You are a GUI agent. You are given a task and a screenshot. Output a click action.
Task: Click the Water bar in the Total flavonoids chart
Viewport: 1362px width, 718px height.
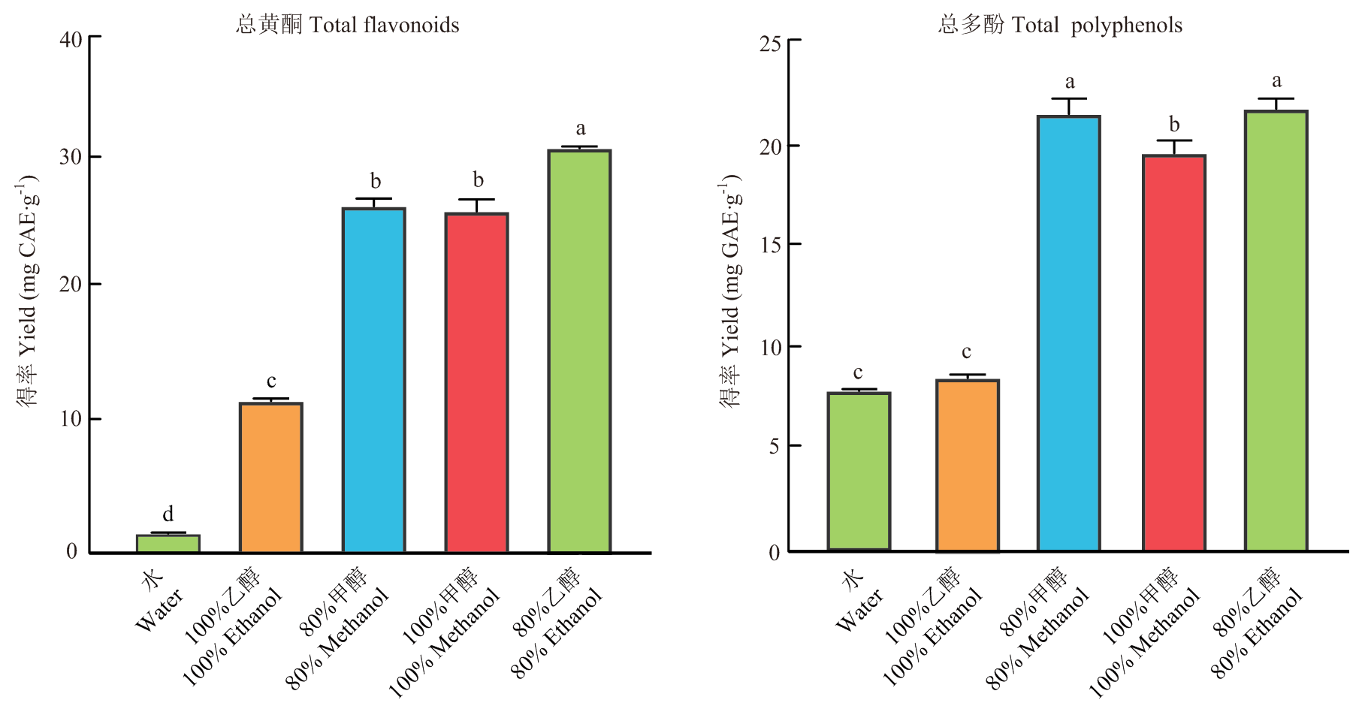(x=168, y=544)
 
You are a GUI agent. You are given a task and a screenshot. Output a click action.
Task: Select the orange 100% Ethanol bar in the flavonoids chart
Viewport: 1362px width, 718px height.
(x=270, y=478)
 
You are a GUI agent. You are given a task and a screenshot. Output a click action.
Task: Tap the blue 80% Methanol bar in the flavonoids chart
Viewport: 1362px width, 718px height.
(x=373, y=380)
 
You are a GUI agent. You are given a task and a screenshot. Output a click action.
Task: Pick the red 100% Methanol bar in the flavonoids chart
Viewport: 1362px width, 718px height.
(x=476, y=383)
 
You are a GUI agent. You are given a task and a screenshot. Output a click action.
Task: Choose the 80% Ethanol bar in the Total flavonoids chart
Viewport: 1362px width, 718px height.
(x=579, y=351)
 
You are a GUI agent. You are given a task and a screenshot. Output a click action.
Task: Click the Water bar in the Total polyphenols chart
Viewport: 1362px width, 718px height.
(x=859, y=472)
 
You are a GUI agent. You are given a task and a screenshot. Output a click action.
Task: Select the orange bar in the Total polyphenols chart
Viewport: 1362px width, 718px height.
(x=967, y=466)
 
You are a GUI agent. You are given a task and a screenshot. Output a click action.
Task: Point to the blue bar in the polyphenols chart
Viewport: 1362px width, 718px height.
(x=1068, y=333)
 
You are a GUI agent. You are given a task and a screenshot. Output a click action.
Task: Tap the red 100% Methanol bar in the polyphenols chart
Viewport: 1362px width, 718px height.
(x=1173, y=353)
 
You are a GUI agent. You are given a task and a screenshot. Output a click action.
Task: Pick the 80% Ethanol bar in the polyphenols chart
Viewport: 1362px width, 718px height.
(x=1276, y=330)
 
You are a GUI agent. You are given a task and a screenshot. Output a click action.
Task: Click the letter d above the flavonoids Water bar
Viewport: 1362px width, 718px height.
(x=168, y=514)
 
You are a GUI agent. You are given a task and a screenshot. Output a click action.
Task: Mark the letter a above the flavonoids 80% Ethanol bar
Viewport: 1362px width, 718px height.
(x=580, y=128)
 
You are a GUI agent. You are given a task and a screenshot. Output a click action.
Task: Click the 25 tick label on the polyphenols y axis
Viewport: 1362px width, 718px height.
(x=770, y=44)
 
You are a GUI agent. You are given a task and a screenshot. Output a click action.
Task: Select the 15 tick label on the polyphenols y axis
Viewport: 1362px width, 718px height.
(x=770, y=245)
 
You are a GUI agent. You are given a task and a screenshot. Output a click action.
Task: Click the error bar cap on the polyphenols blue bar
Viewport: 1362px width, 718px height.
(x=1068, y=98)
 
